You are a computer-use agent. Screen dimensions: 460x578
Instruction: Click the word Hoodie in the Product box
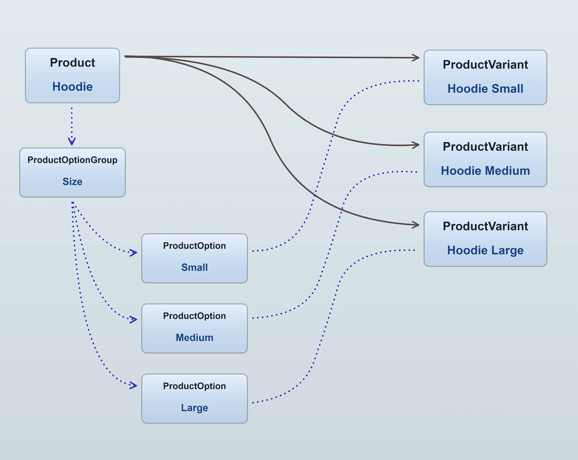pyautogui.click(x=72, y=87)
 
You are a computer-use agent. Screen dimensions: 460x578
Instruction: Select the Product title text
pyautogui.click(x=72, y=62)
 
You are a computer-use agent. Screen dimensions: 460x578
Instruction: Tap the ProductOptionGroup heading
pyautogui.click(x=72, y=160)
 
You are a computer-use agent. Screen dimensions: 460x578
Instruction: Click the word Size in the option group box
pyautogui.click(x=72, y=182)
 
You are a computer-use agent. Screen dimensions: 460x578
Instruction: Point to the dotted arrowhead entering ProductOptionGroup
pyautogui.click(x=72, y=141)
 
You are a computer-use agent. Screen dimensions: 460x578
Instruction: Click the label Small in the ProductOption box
pyautogui.click(x=194, y=267)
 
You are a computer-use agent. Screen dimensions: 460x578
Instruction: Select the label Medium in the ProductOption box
pyautogui.click(x=194, y=337)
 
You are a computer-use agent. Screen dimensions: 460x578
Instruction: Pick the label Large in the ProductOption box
pyautogui.click(x=194, y=408)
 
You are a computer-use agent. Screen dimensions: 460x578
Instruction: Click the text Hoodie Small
pyautogui.click(x=485, y=89)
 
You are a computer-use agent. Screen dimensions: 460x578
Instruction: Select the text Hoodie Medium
pyautogui.click(x=485, y=171)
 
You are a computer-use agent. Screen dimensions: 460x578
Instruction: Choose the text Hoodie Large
pyautogui.click(x=485, y=250)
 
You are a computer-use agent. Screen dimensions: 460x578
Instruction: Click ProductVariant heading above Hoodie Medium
pyautogui.click(x=485, y=147)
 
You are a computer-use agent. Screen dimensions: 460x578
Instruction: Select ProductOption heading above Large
pyautogui.click(x=194, y=386)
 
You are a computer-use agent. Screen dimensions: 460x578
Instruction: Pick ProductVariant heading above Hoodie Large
pyautogui.click(x=485, y=226)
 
